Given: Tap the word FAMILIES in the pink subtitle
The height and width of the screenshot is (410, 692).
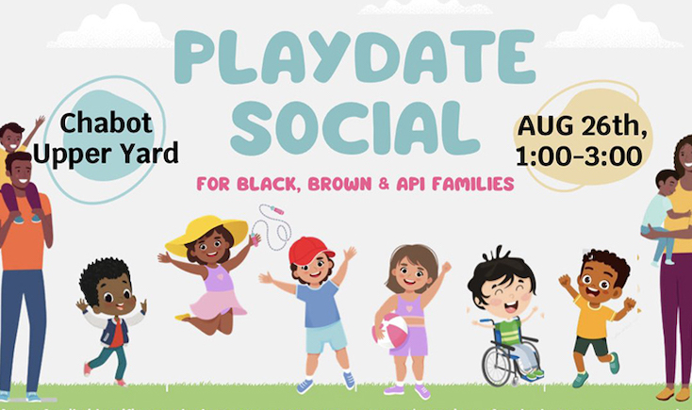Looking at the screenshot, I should [x=471, y=184].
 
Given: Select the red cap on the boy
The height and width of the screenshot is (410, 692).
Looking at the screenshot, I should [x=311, y=250].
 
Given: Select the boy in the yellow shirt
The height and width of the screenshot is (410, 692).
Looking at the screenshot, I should [x=597, y=311].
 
